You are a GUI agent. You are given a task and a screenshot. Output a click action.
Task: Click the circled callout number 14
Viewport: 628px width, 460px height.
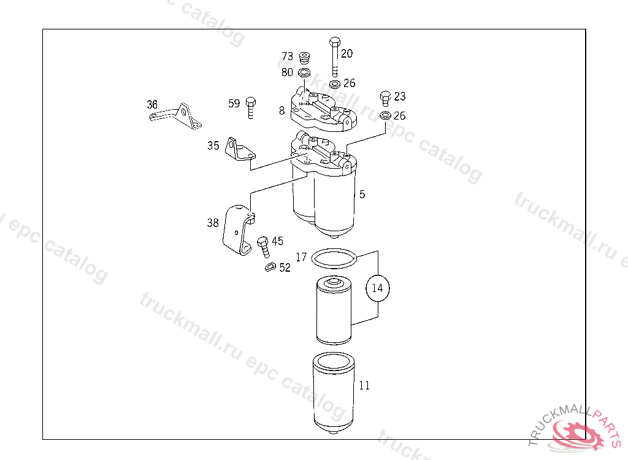[377, 288]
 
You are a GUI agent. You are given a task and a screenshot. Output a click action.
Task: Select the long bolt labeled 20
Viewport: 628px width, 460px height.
[335, 56]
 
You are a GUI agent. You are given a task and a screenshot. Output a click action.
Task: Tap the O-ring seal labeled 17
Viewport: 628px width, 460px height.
[334, 258]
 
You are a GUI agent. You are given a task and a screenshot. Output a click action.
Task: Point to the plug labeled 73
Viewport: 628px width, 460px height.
[305, 58]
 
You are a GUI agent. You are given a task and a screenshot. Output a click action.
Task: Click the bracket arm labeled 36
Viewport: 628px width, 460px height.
[176, 116]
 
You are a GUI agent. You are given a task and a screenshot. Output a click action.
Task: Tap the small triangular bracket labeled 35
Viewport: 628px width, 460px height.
[240, 150]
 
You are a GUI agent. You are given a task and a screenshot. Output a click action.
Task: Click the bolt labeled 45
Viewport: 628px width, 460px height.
[263, 247]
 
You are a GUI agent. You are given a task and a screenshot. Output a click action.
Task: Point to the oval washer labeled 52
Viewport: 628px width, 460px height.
[270, 267]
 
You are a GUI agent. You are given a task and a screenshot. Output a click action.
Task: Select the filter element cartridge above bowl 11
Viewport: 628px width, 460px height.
[334, 310]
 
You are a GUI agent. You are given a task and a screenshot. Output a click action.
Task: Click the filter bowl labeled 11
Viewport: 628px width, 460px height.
[333, 393]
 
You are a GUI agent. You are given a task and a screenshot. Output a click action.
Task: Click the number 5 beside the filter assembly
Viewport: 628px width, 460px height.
[362, 194]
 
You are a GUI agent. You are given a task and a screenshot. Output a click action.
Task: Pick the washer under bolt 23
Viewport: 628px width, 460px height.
[385, 115]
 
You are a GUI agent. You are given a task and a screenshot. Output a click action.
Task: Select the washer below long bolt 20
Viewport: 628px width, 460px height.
[334, 84]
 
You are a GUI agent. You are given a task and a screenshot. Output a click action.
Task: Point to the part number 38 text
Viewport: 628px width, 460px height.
[213, 223]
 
